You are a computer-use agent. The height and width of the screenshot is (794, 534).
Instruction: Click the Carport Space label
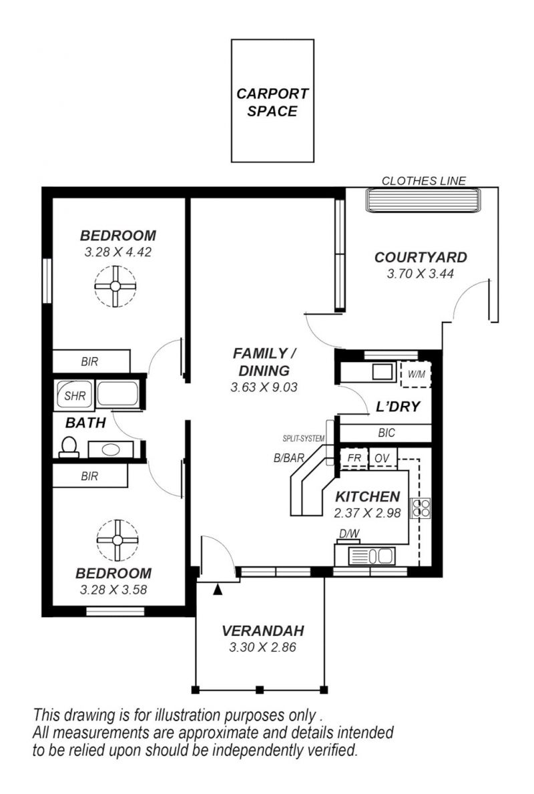272,102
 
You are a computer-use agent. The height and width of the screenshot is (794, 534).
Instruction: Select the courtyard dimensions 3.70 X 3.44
420,274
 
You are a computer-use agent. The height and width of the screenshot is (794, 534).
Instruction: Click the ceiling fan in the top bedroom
115,286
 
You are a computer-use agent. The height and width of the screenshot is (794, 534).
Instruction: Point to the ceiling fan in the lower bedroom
117,540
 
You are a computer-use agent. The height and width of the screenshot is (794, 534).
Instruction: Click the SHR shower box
74,395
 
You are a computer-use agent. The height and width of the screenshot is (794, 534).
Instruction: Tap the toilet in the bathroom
68,447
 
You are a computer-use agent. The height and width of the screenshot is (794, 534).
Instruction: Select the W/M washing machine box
416,375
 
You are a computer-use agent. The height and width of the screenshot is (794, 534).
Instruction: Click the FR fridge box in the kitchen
354,459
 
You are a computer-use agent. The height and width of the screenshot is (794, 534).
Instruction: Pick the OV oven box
382,459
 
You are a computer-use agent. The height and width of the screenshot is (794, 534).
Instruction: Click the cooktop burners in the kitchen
420,508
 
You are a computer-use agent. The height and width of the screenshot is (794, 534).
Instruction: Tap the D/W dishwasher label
349,533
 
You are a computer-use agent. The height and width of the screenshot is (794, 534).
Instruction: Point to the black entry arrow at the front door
218,589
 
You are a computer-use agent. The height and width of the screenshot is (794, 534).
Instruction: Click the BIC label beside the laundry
386,433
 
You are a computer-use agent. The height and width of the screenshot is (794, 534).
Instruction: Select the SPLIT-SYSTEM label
304,439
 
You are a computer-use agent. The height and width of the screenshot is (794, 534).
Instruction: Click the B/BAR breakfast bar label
289,458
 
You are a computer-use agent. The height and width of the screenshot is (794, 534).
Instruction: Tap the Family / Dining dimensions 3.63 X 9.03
264,387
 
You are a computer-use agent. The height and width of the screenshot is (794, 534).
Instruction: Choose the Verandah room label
263,631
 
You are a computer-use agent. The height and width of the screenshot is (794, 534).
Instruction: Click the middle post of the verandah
260,690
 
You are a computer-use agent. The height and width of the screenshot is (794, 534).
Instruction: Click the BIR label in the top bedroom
89,362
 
